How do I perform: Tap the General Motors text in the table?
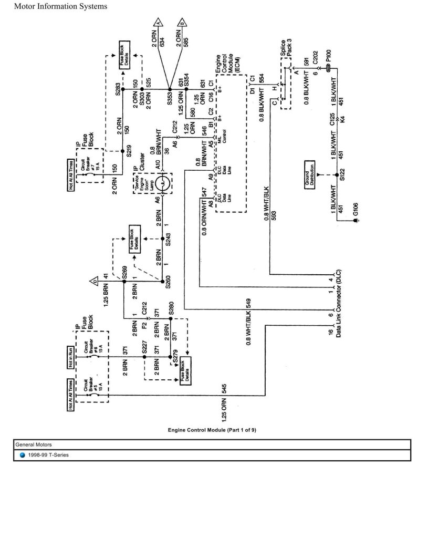click(33, 444)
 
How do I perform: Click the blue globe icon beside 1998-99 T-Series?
click(23, 455)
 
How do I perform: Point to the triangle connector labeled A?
click(158, 23)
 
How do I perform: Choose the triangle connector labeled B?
click(182, 23)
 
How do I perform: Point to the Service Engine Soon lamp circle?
click(162, 183)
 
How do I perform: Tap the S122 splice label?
click(342, 174)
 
